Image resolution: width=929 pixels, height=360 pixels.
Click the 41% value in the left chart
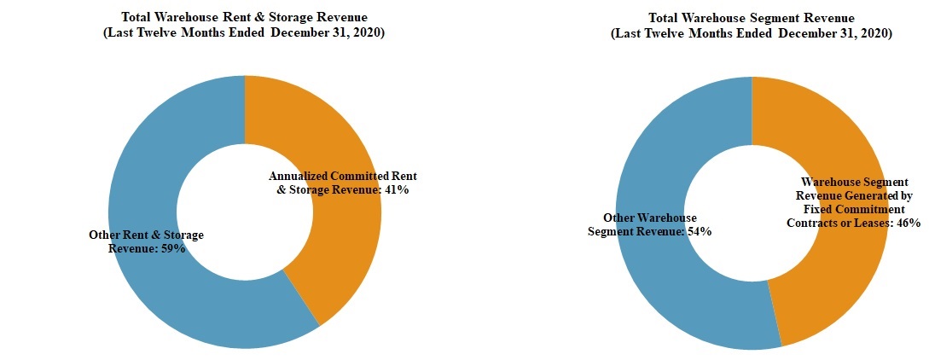(396, 190)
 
